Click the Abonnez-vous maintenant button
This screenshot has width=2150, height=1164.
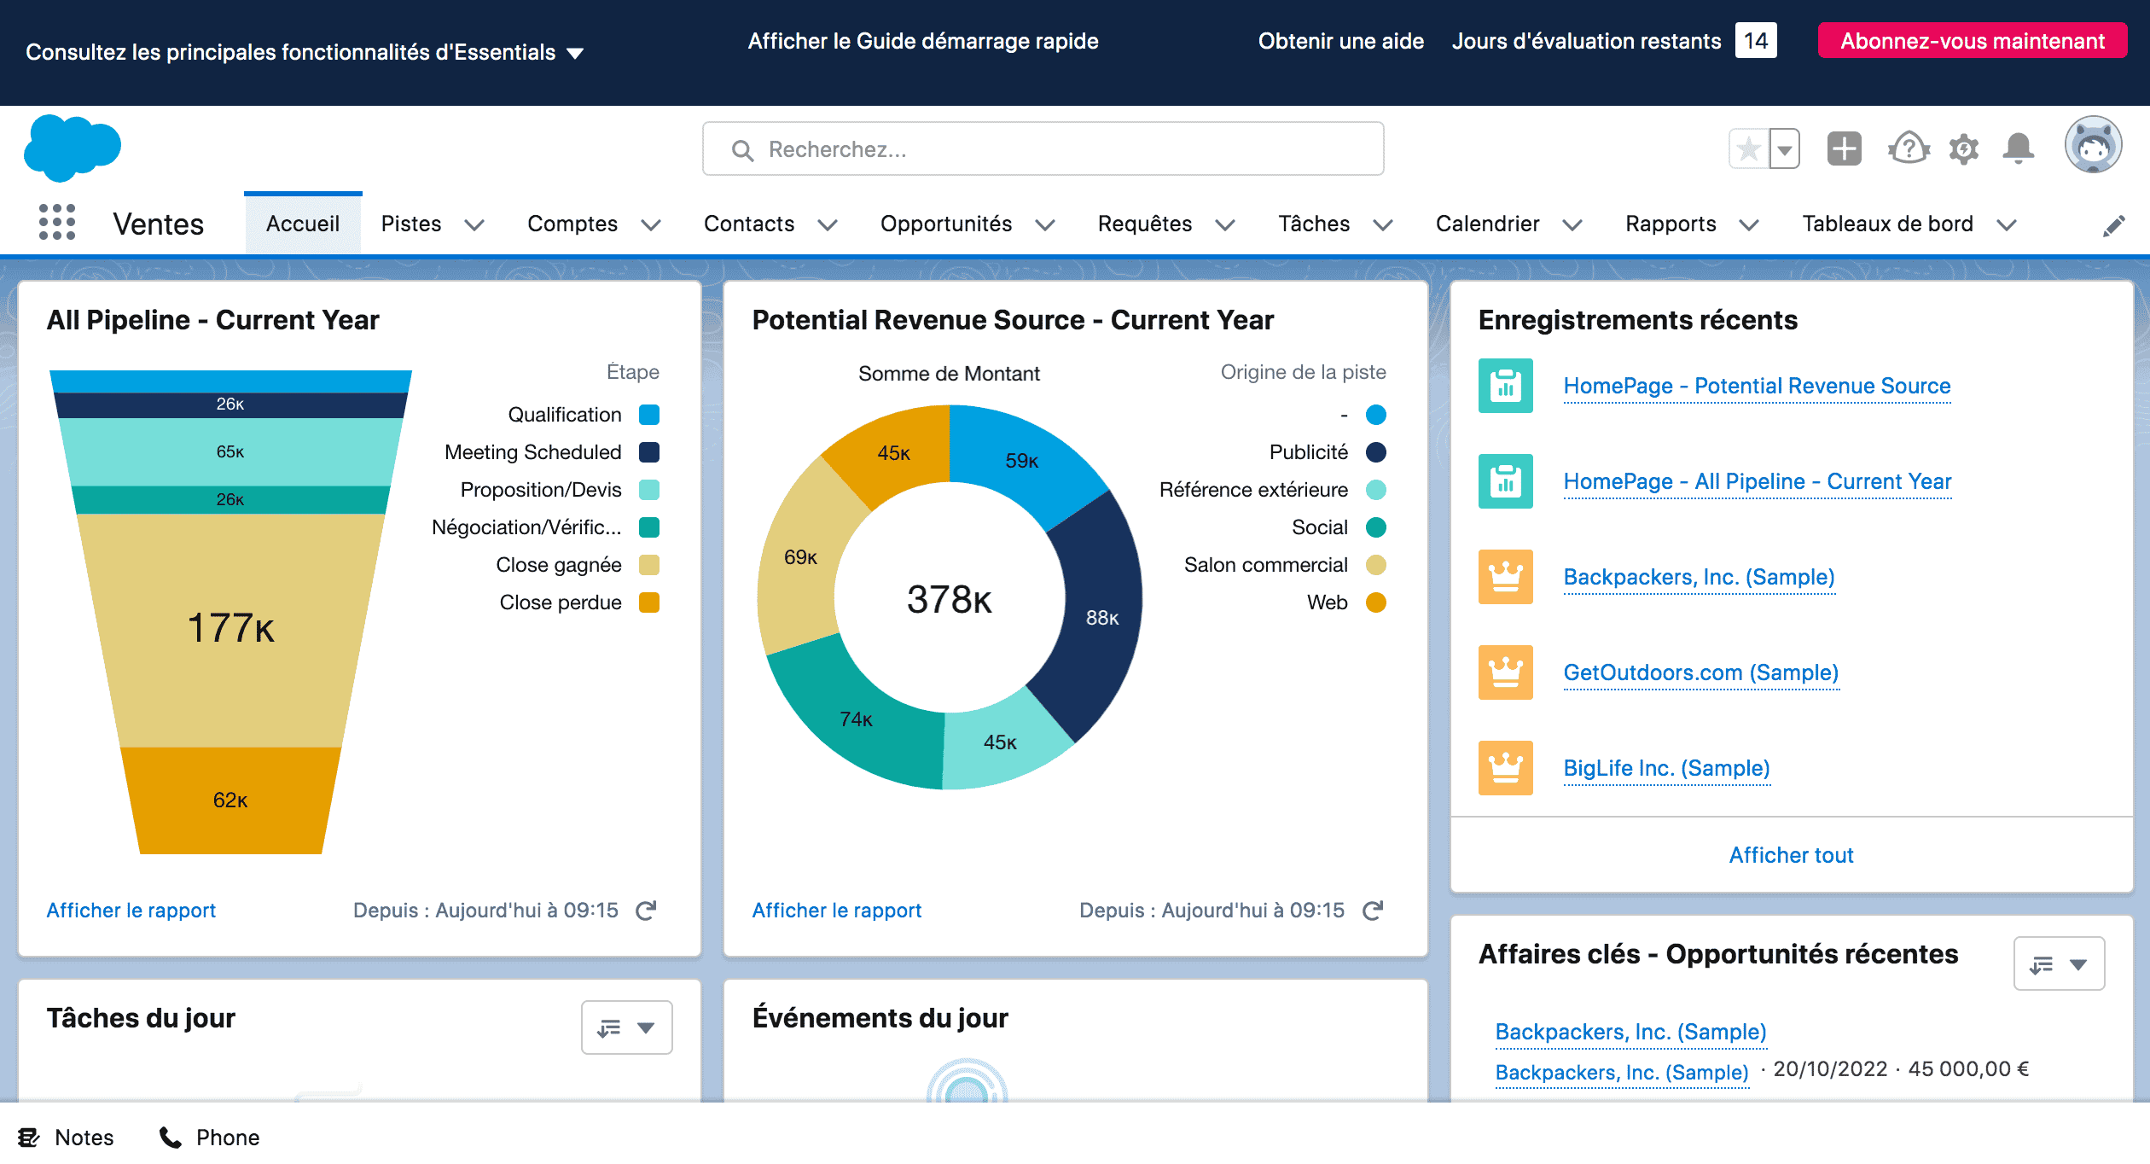pyautogui.click(x=1972, y=41)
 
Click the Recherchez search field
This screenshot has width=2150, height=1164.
pyautogui.click(x=1043, y=149)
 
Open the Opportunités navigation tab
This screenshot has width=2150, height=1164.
pyautogui.click(x=946, y=224)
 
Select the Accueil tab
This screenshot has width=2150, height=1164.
pyautogui.click(x=303, y=224)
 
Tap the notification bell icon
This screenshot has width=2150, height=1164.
pyautogui.click(x=2018, y=148)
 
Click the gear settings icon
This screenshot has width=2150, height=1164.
pyautogui.click(x=1964, y=148)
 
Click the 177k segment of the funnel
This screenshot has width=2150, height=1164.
pyautogui.click(x=230, y=628)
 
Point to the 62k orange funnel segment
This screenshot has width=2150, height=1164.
pyautogui.click(x=230, y=800)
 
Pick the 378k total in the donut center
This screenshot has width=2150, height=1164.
pyautogui.click(x=949, y=599)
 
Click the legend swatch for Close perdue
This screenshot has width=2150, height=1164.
pyautogui.click(x=649, y=602)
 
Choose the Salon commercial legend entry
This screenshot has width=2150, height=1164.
pyautogui.click(x=1266, y=565)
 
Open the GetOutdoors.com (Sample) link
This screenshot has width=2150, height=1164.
pyautogui.click(x=1700, y=672)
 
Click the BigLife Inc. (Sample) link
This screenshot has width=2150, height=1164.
pyautogui.click(x=1666, y=768)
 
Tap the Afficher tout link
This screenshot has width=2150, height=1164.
pyautogui.click(x=1791, y=855)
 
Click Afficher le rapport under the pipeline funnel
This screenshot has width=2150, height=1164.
pyautogui.click(x=131, y=911)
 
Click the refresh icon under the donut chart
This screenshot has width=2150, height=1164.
pyautogui.click(x=1373, y=911)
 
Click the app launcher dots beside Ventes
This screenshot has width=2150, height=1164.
pyautogui.click(x=57, y=223)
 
